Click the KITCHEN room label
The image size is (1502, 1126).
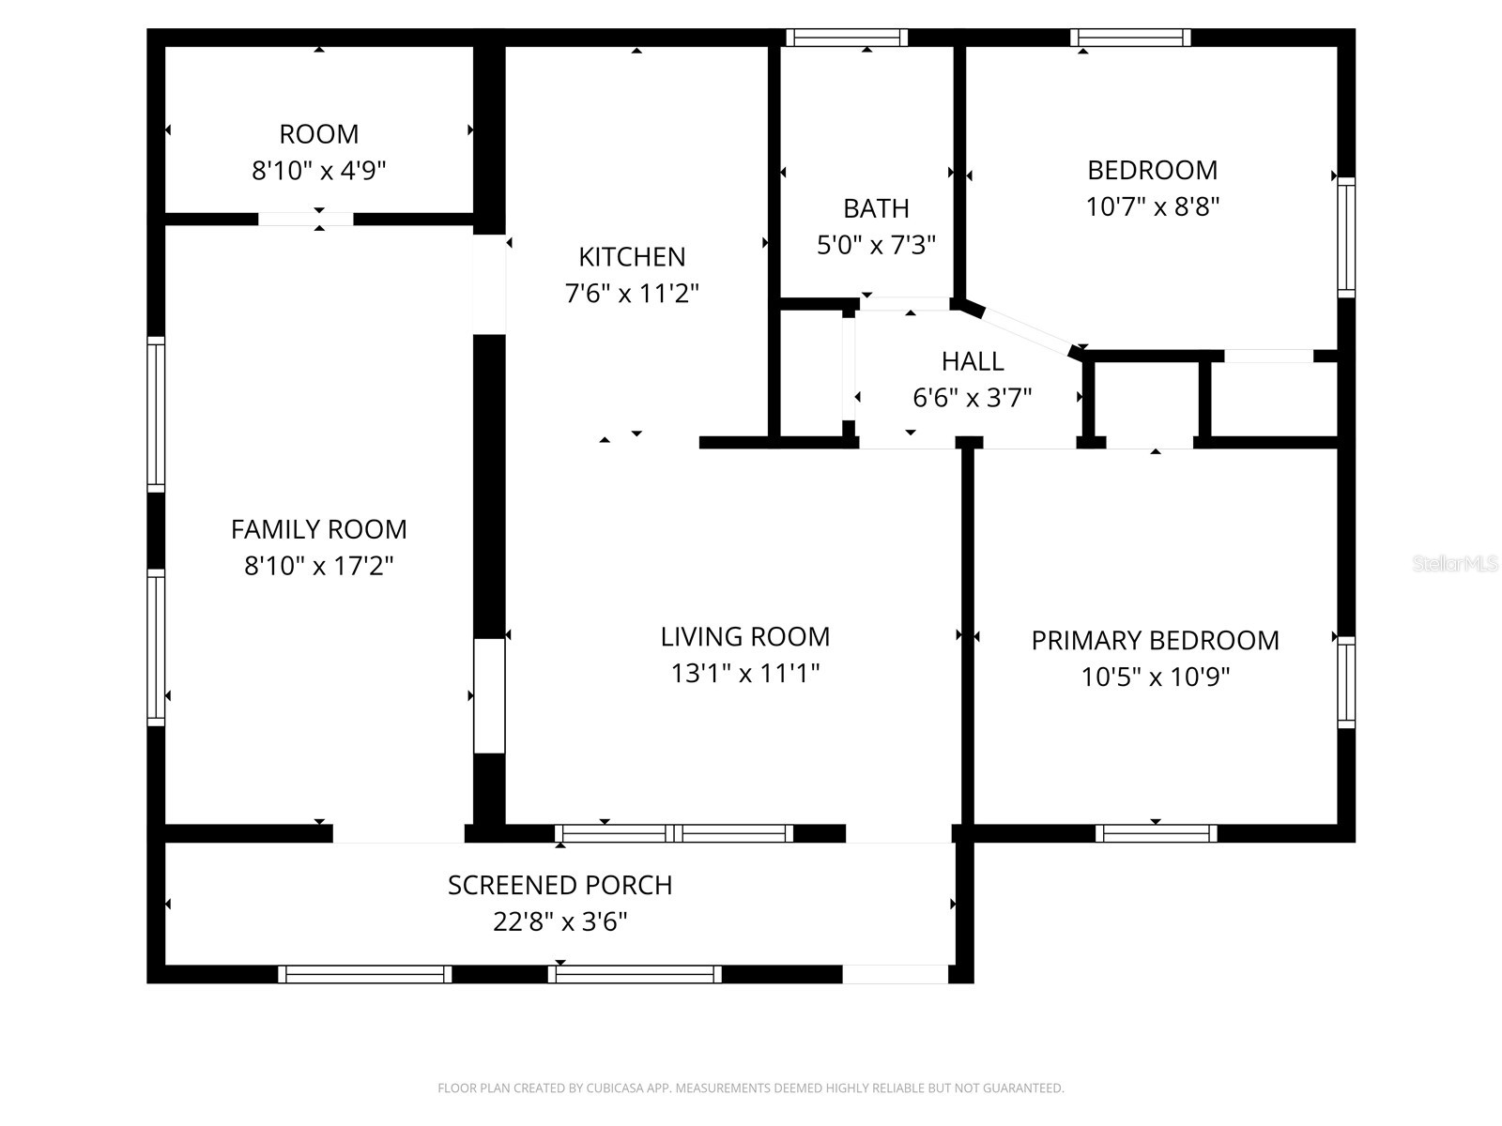632,256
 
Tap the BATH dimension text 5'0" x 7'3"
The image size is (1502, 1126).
876,245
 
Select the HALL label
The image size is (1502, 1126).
973,361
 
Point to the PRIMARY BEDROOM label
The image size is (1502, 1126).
1155,640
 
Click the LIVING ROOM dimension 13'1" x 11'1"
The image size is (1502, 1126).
745,673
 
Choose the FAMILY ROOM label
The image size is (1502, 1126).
319,529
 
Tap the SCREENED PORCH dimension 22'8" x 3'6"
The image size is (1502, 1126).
560,921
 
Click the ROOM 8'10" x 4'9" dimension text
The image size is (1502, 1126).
319,171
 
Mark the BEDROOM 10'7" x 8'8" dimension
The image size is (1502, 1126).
1153,206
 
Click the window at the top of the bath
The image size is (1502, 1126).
847,38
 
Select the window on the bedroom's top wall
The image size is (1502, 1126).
1130,38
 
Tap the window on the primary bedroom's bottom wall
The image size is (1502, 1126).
1156,833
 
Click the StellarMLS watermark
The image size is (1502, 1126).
1456,564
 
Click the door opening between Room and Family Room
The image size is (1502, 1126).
305,220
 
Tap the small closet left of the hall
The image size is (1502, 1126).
811,373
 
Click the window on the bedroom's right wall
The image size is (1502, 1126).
1346,236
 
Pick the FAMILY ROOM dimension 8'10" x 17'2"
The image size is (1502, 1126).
319,566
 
